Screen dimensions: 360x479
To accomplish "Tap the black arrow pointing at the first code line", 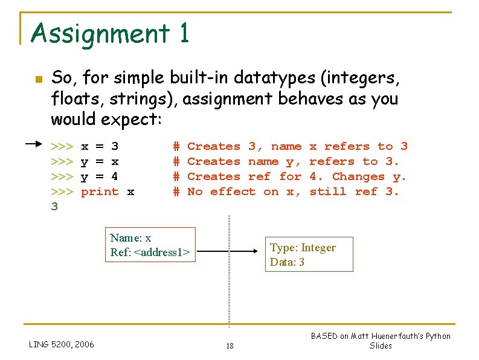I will point(37,144).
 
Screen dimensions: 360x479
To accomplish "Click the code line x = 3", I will point(100,146).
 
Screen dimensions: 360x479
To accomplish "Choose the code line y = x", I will point(100,161).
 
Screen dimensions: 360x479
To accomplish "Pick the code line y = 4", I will point(100,176).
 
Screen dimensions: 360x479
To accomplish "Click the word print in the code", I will point(100,191).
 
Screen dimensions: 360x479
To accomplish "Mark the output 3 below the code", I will point(54,207).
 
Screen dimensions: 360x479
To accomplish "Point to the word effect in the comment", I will point(233,191).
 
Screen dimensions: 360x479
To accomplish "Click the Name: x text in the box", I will point(130,238).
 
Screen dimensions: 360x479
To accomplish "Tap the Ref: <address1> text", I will point(150,252).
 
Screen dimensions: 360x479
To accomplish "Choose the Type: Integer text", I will point(303,248).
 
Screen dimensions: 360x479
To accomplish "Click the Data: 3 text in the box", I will point(288,262).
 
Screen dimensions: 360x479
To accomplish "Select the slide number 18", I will point(230,346).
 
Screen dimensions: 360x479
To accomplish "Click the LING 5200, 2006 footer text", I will point(62,344).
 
